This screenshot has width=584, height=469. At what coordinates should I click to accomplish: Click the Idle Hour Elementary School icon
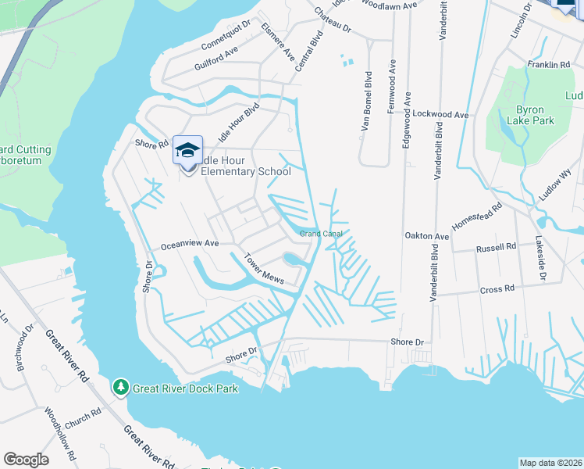(x=187, y=149)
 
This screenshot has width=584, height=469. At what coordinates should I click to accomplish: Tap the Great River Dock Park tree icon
(x=120, y=387)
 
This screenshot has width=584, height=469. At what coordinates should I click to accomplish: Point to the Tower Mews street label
(x=263, y=269)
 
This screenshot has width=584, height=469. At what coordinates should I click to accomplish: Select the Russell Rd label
(x=497, y=246)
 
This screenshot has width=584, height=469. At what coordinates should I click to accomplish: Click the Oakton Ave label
(x=426, y=235)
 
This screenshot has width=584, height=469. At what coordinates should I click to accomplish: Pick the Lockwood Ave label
(x=440, y=114)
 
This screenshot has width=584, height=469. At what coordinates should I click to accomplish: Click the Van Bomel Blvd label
(x=365, y=102)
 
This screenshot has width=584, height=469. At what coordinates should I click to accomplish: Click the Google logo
(x=26, y=460)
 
